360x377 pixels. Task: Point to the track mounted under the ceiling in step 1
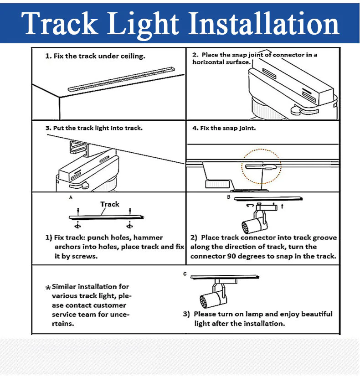(121, 79)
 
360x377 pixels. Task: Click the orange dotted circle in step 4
(261, 166)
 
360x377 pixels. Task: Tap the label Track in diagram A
(109, 204)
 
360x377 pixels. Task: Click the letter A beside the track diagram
(71, 197)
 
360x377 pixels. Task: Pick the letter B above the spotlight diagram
(229, 197)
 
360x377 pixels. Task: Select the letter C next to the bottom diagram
(185, 274)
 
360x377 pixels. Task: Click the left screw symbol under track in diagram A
(77, 226)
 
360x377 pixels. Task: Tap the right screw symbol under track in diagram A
(129, 226)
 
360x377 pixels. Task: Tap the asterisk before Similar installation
(48, 287)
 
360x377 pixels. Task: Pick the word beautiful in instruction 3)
(317, 314)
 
